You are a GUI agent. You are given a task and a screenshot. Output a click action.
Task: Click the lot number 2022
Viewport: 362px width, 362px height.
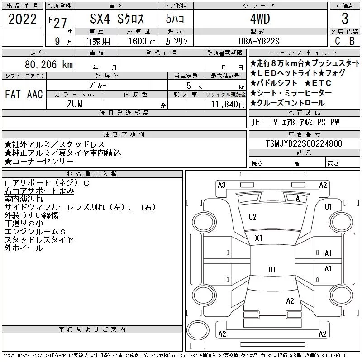click(22, 19)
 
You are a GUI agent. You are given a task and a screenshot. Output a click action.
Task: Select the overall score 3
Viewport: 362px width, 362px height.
click(345, 19)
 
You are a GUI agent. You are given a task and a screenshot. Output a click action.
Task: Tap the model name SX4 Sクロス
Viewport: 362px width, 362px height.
click(117, 19)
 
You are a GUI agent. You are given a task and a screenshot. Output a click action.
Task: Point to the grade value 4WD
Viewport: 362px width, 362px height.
click(260, 19)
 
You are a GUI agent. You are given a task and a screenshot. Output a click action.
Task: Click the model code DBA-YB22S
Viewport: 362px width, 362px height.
click(259, 41)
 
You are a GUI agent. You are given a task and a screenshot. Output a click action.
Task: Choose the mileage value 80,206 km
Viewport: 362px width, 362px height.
click(49, 64)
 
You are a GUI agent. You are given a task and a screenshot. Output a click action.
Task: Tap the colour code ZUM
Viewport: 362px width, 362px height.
click(75, 104)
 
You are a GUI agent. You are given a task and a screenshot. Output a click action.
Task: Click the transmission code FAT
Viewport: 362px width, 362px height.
click(13, 94)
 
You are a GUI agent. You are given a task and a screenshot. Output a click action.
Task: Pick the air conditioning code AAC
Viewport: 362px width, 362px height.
click(35, 94)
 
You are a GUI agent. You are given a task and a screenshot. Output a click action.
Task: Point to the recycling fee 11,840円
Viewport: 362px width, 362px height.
click(228, 105)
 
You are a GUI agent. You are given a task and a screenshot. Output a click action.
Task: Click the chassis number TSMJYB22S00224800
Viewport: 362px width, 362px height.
click(304, 143)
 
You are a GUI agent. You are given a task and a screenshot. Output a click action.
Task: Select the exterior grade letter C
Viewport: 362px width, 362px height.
click(338, 41)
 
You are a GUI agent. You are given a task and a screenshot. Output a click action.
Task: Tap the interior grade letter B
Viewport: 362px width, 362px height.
click(352, 41)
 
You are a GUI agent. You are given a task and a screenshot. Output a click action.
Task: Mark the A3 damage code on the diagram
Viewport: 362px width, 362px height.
click(222, 185)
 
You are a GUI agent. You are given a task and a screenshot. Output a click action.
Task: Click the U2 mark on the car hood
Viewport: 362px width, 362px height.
click(252, 217)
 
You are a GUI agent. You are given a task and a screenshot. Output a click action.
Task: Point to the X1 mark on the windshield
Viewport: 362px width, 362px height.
click(258, 238)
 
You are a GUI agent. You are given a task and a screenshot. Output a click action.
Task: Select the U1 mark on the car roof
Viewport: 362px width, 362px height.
click(272, 269)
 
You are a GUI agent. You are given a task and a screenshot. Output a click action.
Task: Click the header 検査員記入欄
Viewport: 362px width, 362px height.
click(92, 174)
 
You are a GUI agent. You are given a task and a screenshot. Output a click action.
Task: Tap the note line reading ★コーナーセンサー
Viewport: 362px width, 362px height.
click(39, 162)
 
